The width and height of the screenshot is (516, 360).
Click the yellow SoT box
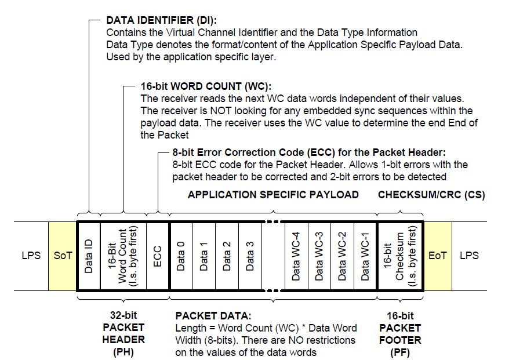pyautogui.click(x=63, y=255)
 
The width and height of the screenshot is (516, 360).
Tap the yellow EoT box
pyautogui.click(x=438, y=255)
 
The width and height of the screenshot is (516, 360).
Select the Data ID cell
pyautogui.click(x=89, y=255)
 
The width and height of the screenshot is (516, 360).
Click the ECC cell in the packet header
pyautogui.click(x=157, y=255)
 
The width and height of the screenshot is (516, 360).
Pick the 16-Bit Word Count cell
pyautogui.click(x=123, y=255)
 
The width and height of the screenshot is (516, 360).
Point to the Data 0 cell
pyautogui.click(x=180, y=255)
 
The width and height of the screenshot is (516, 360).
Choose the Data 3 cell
pyautogui.click(x=250, y=255)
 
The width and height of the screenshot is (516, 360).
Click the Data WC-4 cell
pyautogui.click(x=296, y=255)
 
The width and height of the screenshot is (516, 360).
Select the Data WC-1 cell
pyautogui.click(x=365, y=255)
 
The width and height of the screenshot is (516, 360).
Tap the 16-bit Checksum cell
pyautogui.click(x=400, y=255)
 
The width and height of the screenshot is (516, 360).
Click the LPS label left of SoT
pyautogui.click(x=31, y=255)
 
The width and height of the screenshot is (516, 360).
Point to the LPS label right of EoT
pyautogui.click(x=469, y=255)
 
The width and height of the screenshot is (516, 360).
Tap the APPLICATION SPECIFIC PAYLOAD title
pyautogui.click(x=273, y=195)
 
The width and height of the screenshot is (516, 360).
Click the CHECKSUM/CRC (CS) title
pyautogui.click(x=431, y=195)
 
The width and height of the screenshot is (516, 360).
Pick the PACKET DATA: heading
pyautogui.click(x=213, y=316)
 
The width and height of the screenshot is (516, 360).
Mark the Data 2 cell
pyautogui.click(x=227, y=255)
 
